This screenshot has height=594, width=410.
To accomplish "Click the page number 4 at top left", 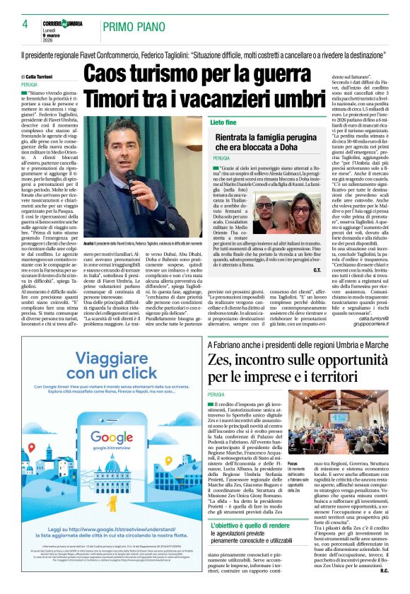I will click(x=24, y=24).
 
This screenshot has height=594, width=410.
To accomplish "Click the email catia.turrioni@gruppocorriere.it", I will click(x=381, y=322).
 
